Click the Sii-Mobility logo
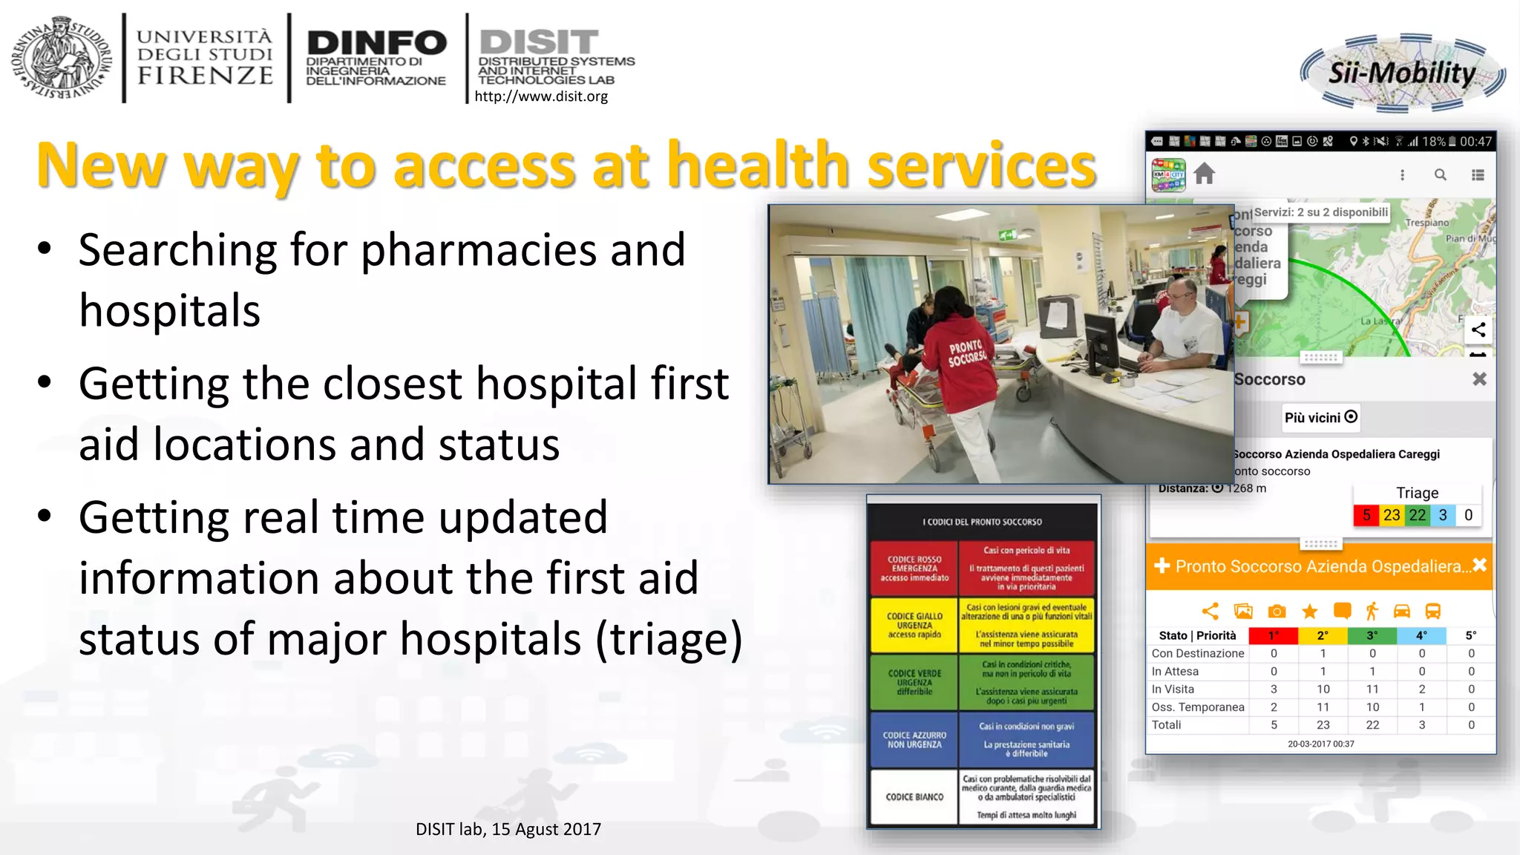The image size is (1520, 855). click(1403, 73)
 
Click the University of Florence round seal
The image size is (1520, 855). click(62, 58)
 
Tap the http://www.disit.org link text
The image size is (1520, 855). click(541, 96)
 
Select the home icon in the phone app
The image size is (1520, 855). click(1205, 174)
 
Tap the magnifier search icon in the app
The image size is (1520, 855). click(1440, 175)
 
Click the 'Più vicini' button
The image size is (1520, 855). click(1320, 417)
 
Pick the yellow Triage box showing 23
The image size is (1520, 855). click(1392, 515)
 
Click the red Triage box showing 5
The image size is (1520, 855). click(1366, 515)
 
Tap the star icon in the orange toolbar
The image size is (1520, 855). click(1309, 612)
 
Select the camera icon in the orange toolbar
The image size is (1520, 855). click(1277, 612)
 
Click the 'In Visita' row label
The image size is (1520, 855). click(1173, 689)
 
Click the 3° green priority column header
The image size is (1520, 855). click(1372, 635)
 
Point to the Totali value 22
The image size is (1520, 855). click(1372, 725)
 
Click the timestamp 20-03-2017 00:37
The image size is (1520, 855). click(1320, 744)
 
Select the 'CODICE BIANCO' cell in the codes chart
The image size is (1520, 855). click(914, 797)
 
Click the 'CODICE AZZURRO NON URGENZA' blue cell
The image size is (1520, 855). click(914, 740)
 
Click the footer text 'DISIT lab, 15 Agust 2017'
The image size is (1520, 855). click(508, 829)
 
